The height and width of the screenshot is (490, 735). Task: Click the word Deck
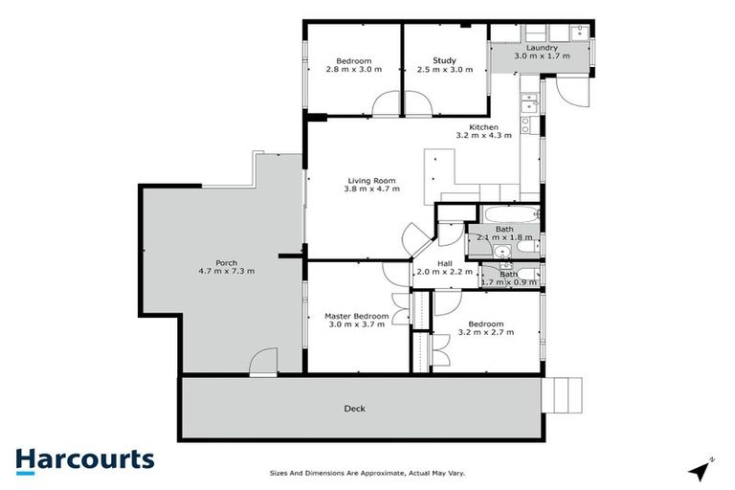(354, 409)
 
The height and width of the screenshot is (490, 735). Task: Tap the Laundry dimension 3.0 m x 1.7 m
(541, 56)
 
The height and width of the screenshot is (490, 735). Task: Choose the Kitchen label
(483, 126)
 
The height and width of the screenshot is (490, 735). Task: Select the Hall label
(445, 263)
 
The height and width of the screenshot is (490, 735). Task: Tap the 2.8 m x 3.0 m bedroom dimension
(353, 70)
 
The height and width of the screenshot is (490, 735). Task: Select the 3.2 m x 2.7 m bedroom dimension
(486, 332)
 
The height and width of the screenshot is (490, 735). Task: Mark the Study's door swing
(414, 103)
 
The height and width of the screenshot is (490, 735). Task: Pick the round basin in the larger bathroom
(501, 252)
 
